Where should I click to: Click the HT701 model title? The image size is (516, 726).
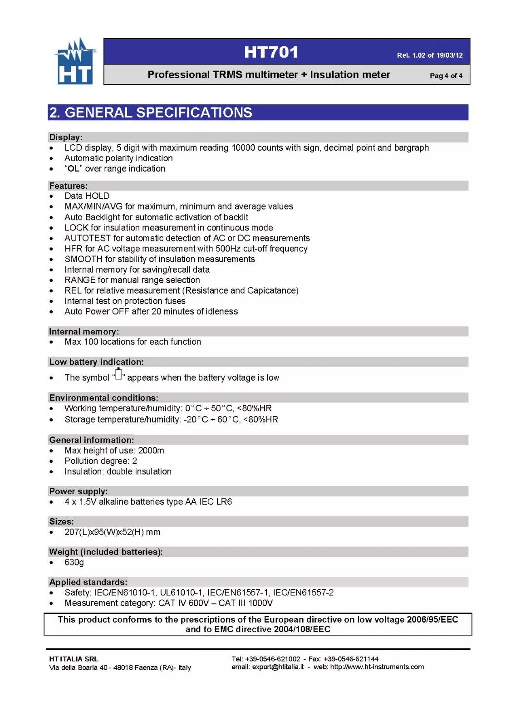[x=271, y=52]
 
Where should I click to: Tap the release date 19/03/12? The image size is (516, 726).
[x=449, y=55]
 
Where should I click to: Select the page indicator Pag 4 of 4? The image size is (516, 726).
[x=446, y=76]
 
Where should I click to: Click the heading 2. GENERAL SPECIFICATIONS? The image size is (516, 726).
[x=151, y=113]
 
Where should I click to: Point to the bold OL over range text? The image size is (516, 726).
[x=73, y=169]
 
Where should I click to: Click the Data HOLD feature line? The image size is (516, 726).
[x=87, y=196]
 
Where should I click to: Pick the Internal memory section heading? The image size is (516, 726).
[x=84, y=332]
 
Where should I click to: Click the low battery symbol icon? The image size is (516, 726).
[x=118, y=374]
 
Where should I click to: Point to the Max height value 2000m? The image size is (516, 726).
[x=151, y=451]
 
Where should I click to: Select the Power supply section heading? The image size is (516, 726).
[x=79, y=491]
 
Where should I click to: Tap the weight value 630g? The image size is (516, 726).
[x=74, y=563]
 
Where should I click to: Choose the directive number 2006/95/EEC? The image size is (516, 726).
[x=432, y=620]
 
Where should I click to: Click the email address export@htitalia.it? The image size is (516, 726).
[x=278, y=667]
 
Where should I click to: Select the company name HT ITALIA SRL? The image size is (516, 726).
[x=74, y=659]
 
